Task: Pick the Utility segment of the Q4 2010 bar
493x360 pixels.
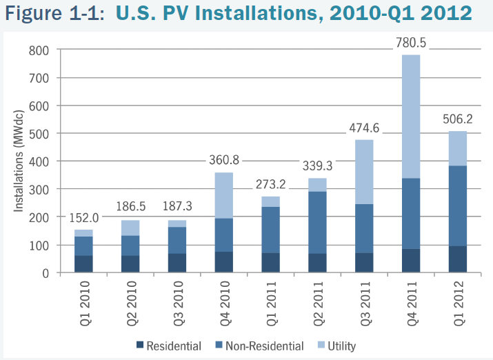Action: point(223,195)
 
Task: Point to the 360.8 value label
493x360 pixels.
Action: point(223,161)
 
